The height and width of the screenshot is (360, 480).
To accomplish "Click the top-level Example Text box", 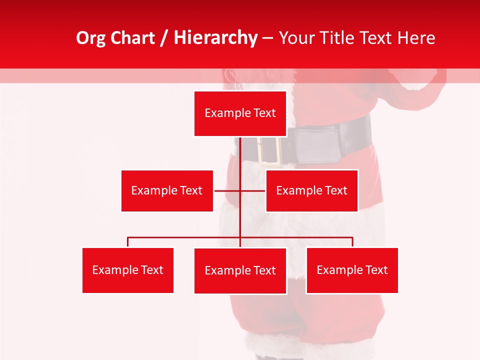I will point(240,113).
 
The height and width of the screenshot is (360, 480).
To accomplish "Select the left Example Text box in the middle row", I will point(167,190).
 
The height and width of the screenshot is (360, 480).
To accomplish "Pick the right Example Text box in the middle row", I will point(311,190).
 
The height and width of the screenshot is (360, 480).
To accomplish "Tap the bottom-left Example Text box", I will point(127,270).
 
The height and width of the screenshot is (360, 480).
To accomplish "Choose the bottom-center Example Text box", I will point(240,270).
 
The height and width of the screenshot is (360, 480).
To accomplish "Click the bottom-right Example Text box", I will point(352,270).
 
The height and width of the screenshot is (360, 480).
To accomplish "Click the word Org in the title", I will point(91,38).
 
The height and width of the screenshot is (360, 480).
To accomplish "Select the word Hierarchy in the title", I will point(215,38).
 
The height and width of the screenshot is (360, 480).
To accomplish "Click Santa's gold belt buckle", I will point(268,149).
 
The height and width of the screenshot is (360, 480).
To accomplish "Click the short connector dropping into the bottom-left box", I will point(127,242).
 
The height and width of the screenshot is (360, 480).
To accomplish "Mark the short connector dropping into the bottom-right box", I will point(352,242).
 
